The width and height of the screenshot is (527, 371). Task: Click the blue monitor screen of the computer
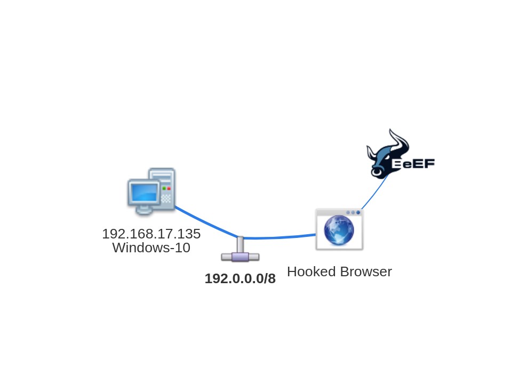point(143,192)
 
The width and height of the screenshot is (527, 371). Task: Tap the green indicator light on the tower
point(164,188)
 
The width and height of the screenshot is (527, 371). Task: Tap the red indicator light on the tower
point(169,188)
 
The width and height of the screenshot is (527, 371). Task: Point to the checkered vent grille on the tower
point(166,199)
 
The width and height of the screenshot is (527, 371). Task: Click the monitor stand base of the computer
point(143,211)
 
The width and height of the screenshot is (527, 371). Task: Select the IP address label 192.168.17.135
point(151,234)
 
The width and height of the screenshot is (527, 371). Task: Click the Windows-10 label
point(151,248)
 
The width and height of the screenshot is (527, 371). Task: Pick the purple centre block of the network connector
point(240,257)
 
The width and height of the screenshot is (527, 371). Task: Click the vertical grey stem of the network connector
point(240,245)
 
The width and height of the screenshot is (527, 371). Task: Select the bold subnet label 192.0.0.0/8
point(240,278)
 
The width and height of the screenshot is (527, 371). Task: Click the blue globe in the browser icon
point(339,230)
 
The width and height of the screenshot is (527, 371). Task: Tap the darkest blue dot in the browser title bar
point(358,212)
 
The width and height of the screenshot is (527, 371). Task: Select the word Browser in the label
point(365,271)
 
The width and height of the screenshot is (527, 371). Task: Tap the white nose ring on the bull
point(377,172)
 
